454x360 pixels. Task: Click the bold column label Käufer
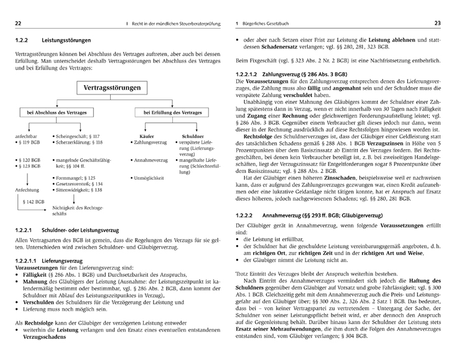(147, 135)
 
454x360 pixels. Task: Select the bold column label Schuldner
(192, 135)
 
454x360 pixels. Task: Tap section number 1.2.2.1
(27, 229)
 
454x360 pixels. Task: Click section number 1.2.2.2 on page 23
(246, 216)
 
